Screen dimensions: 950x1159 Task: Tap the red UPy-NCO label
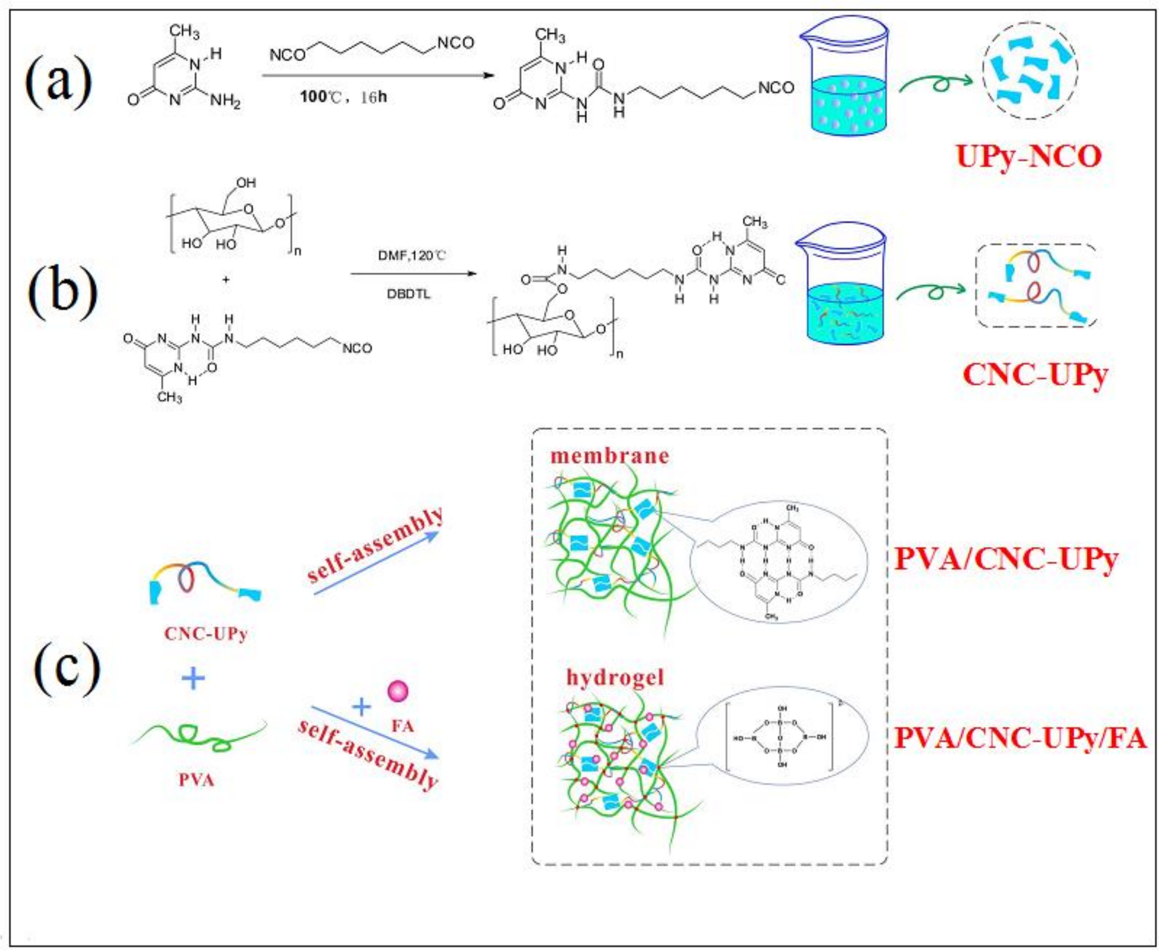click(1029, 157)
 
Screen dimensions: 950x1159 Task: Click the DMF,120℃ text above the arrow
click(412, 255)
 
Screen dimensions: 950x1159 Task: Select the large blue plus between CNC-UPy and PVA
click(193, 679)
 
